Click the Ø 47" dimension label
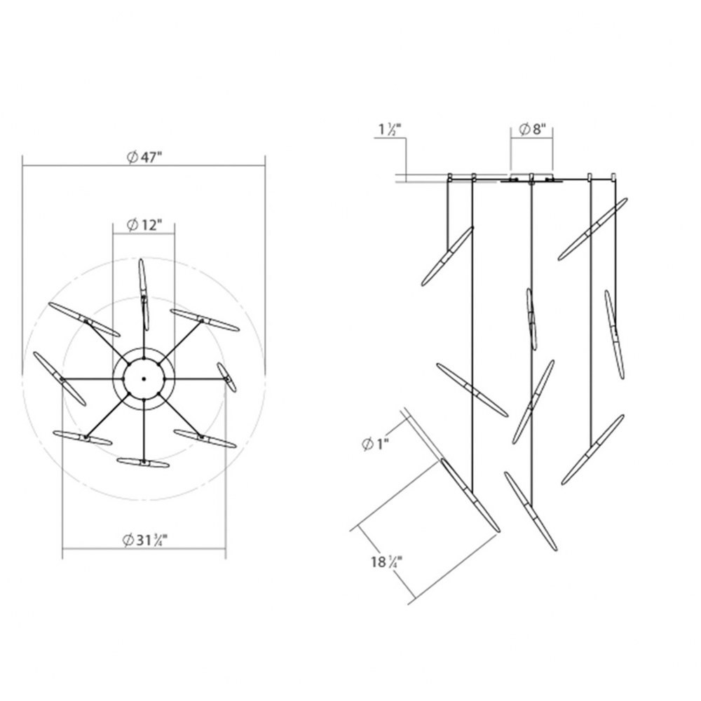[x=144, y=157]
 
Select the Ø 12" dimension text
[x=144, y=225]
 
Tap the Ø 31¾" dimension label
[x=144, y=540]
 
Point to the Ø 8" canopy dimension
[x=533, y=130]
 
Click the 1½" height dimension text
[x=390, y=129]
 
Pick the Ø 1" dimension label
[x=375, y=444]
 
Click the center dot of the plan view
[x=144, y=379]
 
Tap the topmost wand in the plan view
[x=144, y=294]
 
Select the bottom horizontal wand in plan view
[x=143, y=462]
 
